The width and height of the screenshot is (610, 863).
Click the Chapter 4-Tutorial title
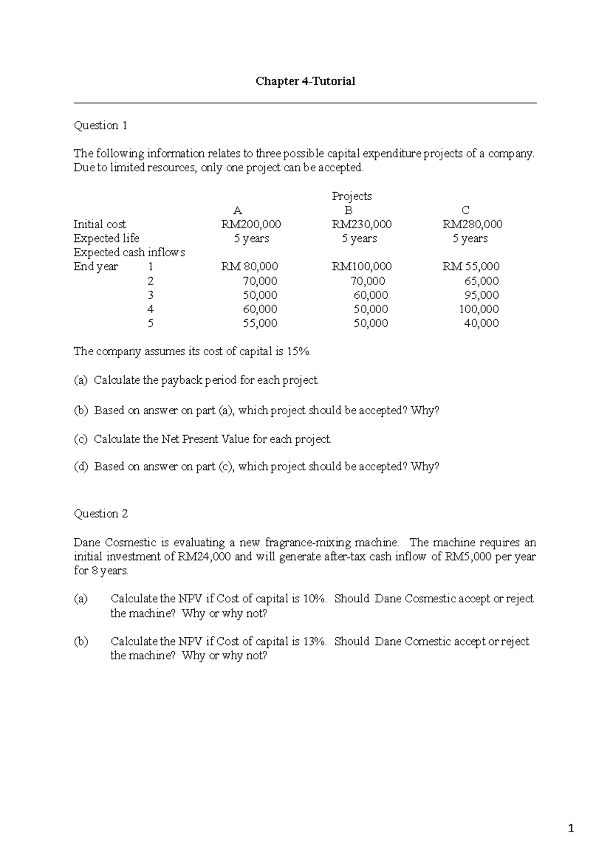point(305,81)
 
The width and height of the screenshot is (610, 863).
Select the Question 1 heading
point(101,126)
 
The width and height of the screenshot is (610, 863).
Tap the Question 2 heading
point(101,514)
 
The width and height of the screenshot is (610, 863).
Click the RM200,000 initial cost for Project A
point(251,224)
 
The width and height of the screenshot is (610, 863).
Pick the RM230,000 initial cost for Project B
point(361,224)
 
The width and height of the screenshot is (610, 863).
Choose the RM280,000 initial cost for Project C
point(472,224)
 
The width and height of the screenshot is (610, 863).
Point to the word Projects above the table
point(352,196)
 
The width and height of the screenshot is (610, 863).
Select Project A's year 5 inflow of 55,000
point(260,323)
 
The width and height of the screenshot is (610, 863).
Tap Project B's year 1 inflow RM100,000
point(361,266)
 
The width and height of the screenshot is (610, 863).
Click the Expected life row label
point(106,238)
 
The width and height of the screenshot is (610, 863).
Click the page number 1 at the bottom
point(570,829)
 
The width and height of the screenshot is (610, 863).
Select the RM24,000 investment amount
point(204,557)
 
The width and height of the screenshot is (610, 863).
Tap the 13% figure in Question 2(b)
point(315,641)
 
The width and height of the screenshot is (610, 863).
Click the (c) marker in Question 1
point(80,439)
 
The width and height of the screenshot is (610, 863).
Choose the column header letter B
point(348,210)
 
